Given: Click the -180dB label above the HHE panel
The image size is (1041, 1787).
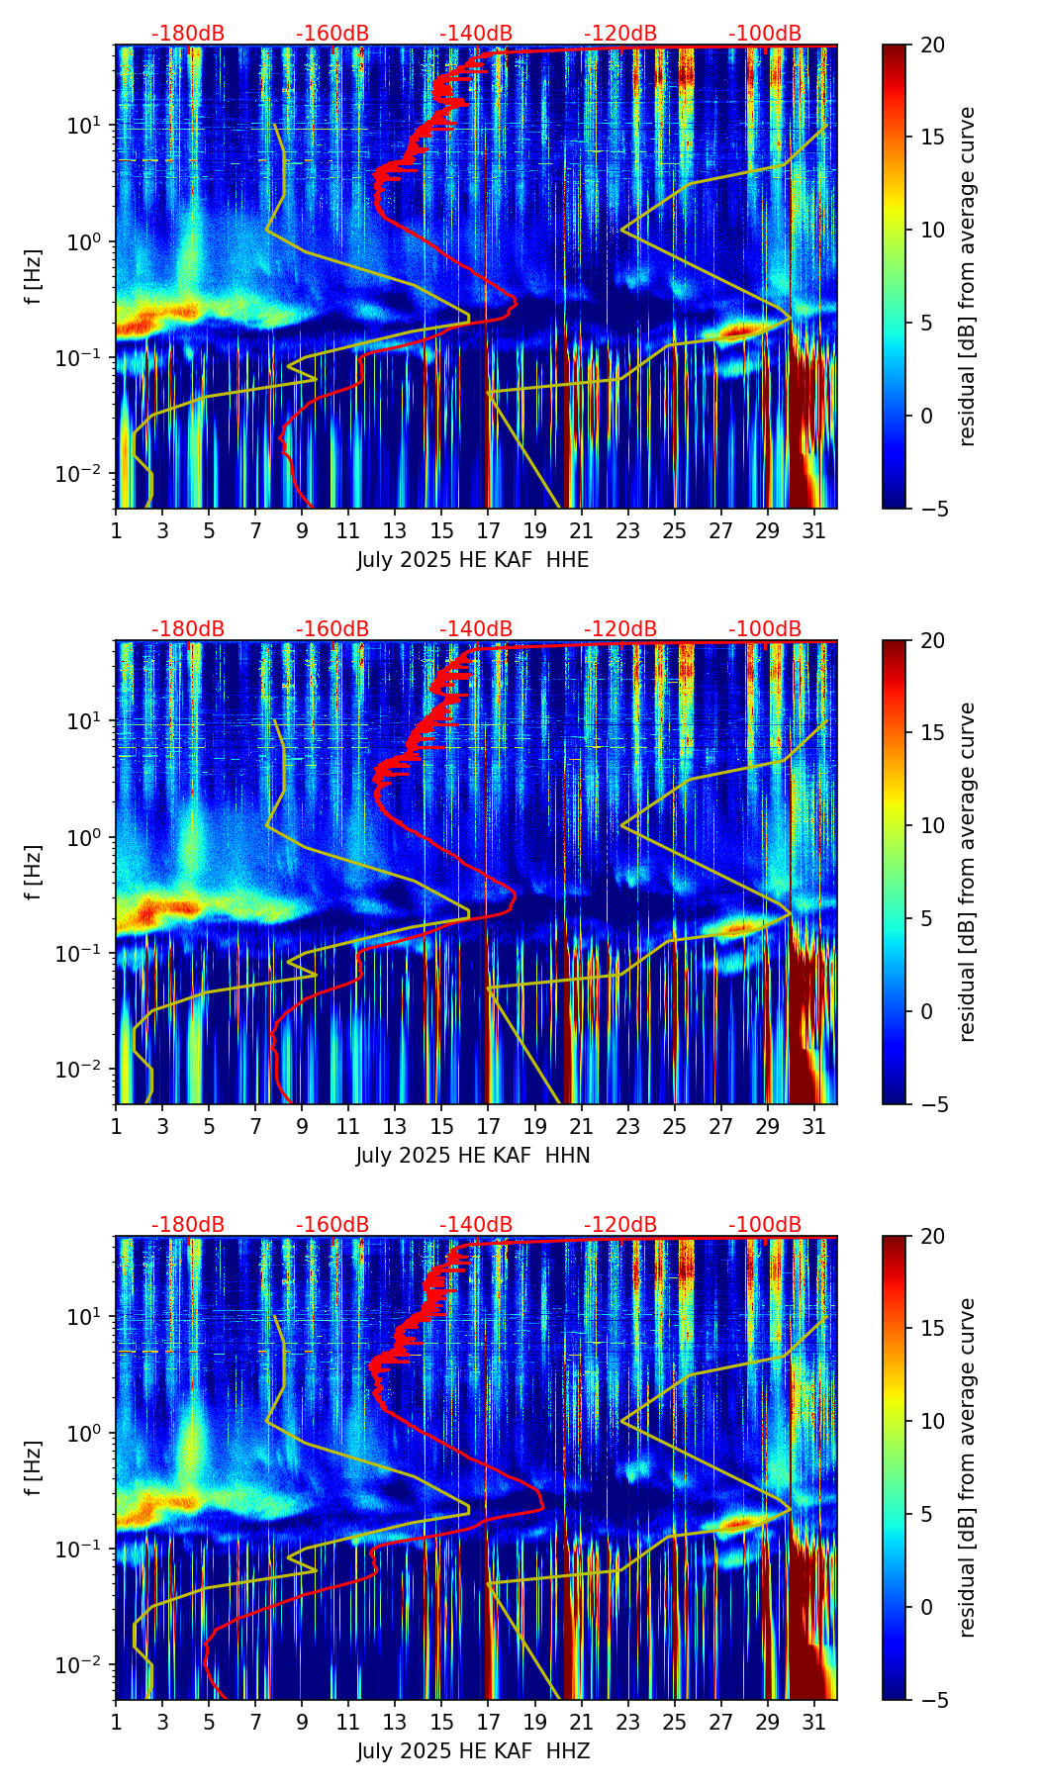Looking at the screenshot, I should tap(188, 34).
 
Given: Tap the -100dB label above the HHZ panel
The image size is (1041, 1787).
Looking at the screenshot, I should tap(765, 1225).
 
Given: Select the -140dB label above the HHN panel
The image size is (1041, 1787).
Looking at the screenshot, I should tap(476, 629).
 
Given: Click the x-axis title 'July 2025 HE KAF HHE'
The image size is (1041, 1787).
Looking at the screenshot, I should tap(473, 560).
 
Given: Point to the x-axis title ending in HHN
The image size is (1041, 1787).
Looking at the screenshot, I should tap(473, 1156).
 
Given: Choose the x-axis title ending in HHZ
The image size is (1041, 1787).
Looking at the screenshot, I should tap(473, 1751).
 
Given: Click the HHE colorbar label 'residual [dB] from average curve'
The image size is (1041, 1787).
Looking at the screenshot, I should tap(967, 276).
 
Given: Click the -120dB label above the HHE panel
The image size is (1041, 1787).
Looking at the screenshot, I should tap(620, 34).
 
